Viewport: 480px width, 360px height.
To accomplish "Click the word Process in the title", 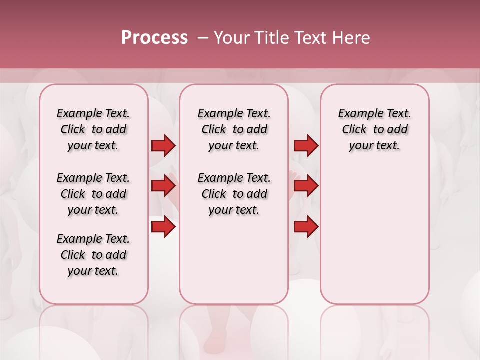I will (154, 38).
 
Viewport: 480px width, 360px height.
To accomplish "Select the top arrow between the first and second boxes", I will (163, 145).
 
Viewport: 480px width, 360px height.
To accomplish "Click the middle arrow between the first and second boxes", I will (163, 186).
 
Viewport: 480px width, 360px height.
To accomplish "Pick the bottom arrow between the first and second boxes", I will (163, 227).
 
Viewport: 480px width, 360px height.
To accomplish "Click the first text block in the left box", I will (93, 129).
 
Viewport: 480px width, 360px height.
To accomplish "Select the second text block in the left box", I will (93, 194).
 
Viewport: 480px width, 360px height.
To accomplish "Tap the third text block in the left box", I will (93, 255).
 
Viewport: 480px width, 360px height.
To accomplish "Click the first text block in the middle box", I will (234, 129).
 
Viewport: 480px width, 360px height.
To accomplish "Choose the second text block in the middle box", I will (234, 194).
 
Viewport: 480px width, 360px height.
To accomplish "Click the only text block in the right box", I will (374, 129).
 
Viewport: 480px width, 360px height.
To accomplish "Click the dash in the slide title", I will (203, 38).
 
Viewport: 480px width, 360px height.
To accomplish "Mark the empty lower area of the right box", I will (374, 235).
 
